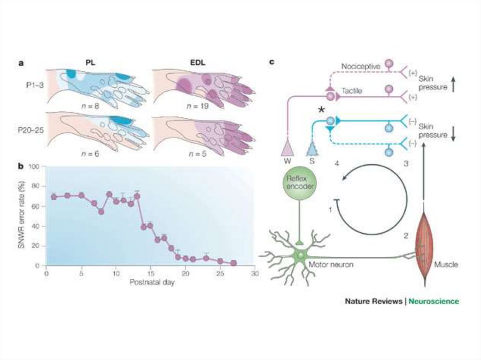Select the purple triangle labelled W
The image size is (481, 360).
pos(286,149)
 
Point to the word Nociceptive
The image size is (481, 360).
pos(361,66)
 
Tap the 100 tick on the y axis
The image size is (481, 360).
pos(35,167)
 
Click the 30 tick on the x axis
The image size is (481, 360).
pos(254,273)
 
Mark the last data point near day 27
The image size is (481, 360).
pos(233,263)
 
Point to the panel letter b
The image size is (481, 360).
pos(21,166)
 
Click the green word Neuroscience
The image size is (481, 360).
pos(434,301)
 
